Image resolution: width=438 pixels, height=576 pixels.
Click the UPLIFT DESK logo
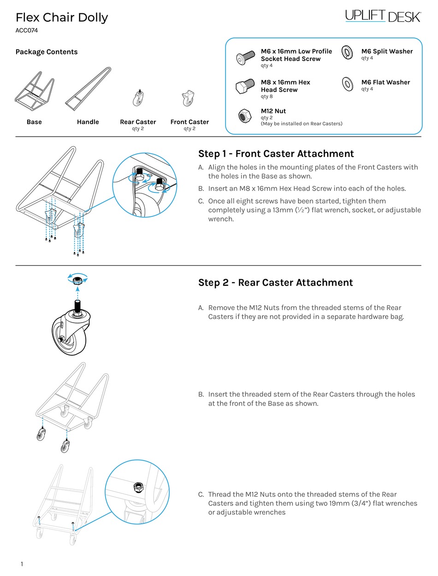pos(383,17)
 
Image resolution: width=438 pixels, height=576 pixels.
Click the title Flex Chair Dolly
pos(62,18)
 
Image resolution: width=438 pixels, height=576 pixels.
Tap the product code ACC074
pos(26,31)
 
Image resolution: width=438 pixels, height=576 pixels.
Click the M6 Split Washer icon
pos(347,53)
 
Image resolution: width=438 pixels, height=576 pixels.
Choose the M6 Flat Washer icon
pos(347,84)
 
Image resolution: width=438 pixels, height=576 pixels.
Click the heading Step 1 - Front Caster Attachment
pos(276,154)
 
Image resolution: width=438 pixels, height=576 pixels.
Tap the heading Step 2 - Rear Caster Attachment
pos(275,282)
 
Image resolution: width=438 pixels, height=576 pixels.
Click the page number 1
pos(22,564)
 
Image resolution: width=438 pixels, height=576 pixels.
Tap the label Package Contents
pos(47,52)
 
